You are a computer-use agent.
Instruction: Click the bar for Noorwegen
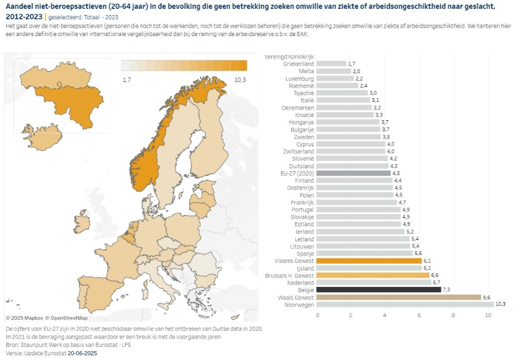tap(405, 304)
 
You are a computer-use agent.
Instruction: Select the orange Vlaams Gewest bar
tap(369, 260)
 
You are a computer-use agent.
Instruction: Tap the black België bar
tap(379, 289)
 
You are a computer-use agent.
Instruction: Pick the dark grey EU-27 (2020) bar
tap(354, 173)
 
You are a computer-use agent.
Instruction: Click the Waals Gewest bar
tap(399, 297)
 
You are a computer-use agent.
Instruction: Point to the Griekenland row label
tap(299, 64)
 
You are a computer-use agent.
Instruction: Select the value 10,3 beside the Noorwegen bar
tap(500, 304)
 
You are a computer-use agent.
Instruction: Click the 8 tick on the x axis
tap(454, 315)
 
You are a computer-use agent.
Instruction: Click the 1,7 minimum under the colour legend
tap(126, 79)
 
